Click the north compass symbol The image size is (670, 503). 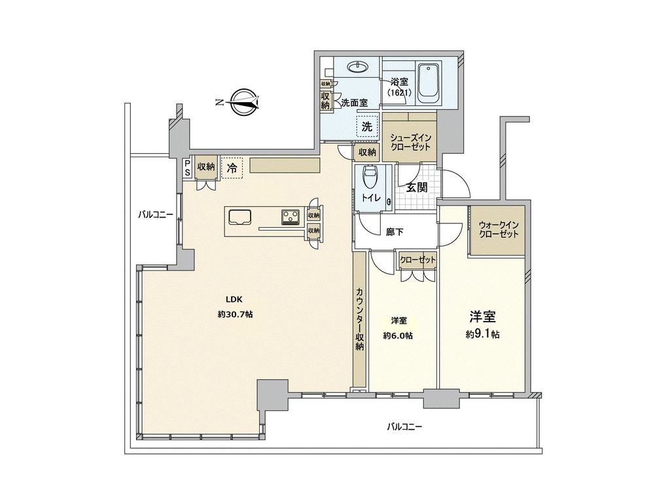point(242,102)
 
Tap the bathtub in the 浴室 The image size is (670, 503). point(428,83)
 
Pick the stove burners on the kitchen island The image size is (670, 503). point(291,217)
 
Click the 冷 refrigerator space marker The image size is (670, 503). point(232,167)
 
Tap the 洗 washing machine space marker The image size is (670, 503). point(367,126)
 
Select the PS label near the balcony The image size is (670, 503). point(187,167)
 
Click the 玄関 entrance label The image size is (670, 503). point(416,187)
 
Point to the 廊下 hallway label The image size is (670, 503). point(394,233)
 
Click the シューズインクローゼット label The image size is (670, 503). point(410,142)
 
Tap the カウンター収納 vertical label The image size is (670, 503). point(360,319)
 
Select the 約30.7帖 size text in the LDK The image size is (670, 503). point(235,314)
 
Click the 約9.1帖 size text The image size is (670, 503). point(482,335)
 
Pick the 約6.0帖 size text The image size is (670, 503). point(398,336)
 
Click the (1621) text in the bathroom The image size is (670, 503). point(399,92)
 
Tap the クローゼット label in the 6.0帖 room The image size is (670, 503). point(418,260)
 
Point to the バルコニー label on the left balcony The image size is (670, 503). point(156,214)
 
